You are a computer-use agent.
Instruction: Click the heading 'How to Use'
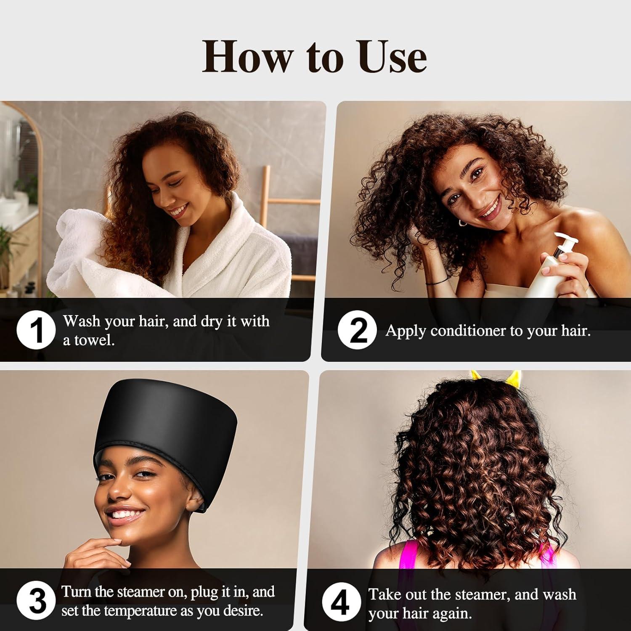[314, 57]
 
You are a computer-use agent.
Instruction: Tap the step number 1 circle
[36, 330]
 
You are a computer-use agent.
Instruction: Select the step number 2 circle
[357, 330]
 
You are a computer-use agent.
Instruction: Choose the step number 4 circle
[341, 602]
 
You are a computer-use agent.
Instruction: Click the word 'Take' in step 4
[383, 594]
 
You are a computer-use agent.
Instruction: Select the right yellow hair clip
[514, 378]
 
